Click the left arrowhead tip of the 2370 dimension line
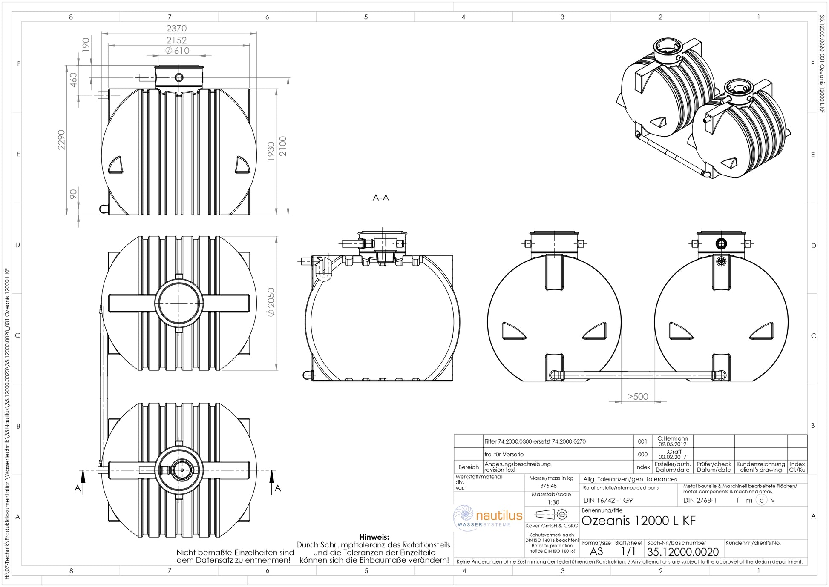pos(102,34)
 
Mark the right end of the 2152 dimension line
pos(250,45)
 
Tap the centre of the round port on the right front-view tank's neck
pos(721,244)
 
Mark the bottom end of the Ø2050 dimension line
pos(277,370)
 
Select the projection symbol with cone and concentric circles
pos(551,514)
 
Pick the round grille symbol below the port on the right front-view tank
pos(721,261)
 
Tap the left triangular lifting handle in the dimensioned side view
pos(116,165)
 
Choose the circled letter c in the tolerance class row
pos(761,501)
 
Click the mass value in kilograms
pos(548,486)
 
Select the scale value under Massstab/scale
pos(553,502)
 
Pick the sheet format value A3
pos(596,552)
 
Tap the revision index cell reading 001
pos(642,441)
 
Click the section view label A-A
pos(381,198)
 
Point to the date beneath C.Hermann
pos(672,444)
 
